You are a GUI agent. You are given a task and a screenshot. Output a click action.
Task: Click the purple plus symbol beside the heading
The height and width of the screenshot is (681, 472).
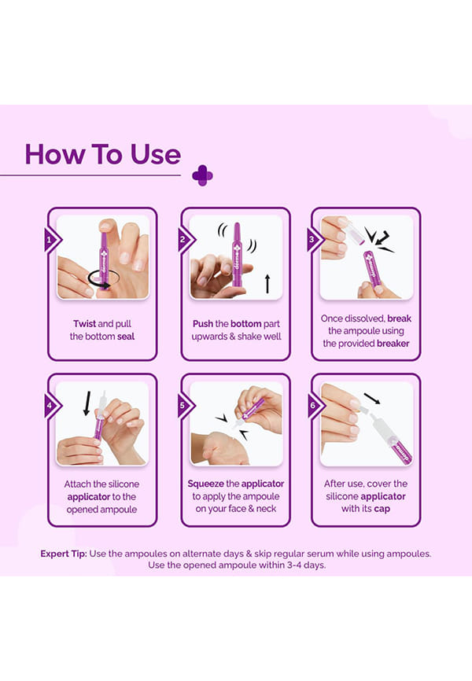[202, 175]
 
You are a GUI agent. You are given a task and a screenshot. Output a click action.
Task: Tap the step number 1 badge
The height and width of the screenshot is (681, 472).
[52, 240]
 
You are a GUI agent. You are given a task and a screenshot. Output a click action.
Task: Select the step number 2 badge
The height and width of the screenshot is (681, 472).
[185, 240]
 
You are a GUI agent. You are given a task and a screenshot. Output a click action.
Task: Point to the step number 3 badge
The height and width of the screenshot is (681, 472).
[314, 239]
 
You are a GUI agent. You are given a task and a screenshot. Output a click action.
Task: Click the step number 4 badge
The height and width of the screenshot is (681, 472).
[52, 406]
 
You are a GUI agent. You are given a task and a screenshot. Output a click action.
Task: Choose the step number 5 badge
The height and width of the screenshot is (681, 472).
[185, 406]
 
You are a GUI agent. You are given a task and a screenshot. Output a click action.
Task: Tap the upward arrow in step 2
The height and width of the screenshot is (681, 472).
[267, 284]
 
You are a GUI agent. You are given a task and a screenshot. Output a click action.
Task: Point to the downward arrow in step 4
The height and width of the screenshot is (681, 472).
[87, 403]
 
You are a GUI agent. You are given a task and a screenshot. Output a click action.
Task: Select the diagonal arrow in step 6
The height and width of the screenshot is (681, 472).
[371, 398]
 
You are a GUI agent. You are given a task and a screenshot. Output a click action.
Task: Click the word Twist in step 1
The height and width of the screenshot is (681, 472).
[84, 323]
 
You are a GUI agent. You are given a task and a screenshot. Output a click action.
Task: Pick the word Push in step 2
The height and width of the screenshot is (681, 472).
[203, 323]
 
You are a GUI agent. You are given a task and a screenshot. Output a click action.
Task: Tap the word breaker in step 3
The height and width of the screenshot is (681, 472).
[393, 343]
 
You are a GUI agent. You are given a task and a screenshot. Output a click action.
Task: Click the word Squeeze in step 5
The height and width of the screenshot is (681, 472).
[205, 484]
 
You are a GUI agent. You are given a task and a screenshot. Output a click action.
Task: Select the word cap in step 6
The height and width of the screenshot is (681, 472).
[382, 509]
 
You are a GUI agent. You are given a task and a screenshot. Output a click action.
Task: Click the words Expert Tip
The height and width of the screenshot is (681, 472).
[64, 554]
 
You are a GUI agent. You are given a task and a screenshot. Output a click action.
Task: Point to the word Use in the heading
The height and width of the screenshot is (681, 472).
[156, 155]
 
